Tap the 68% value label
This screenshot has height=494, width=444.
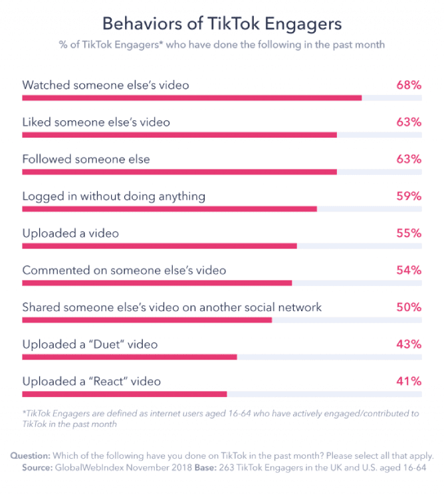(408, 85)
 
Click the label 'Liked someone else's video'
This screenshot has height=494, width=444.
(96, 122)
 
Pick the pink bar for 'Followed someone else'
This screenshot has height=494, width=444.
(179, 172)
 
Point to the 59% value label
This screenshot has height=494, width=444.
(408, 196)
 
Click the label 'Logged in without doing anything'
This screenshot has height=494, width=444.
(114, 196)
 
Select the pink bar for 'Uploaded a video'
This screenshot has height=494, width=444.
(160, 245)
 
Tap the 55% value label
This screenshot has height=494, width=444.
(408, 233)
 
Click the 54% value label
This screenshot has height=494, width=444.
(408, 271)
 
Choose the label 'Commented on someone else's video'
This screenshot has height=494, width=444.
(124, 271)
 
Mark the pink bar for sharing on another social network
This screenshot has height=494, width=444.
(147, 320)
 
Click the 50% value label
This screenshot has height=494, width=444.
(408, 307)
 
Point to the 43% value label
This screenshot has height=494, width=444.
(408, 344)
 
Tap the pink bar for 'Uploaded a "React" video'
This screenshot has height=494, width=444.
(124, 394)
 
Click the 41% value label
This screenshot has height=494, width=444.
(408, 382)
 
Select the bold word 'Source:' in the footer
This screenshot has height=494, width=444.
(30, 468)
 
